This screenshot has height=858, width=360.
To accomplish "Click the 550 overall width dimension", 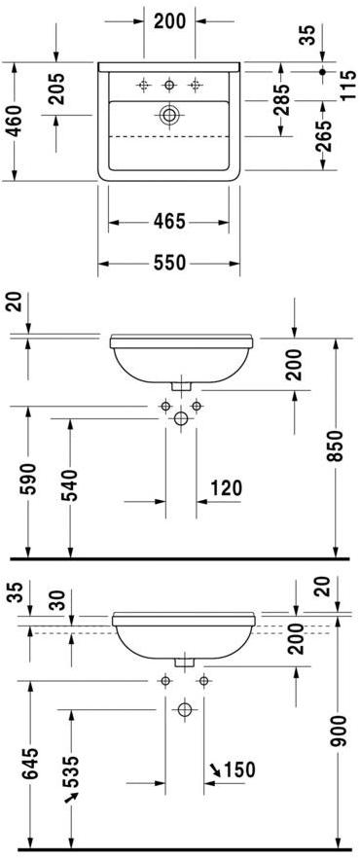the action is [169, 264].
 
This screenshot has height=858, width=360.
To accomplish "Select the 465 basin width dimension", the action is [169, 222].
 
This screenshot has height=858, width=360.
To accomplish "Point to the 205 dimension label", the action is [55, 89].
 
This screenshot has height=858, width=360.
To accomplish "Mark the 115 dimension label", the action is [347, 84].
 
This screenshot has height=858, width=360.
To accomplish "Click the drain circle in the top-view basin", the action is [169, 115].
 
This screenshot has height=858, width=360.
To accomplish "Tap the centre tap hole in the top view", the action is [169, 85].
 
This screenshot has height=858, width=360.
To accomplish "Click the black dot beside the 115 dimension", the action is [322, 71].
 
